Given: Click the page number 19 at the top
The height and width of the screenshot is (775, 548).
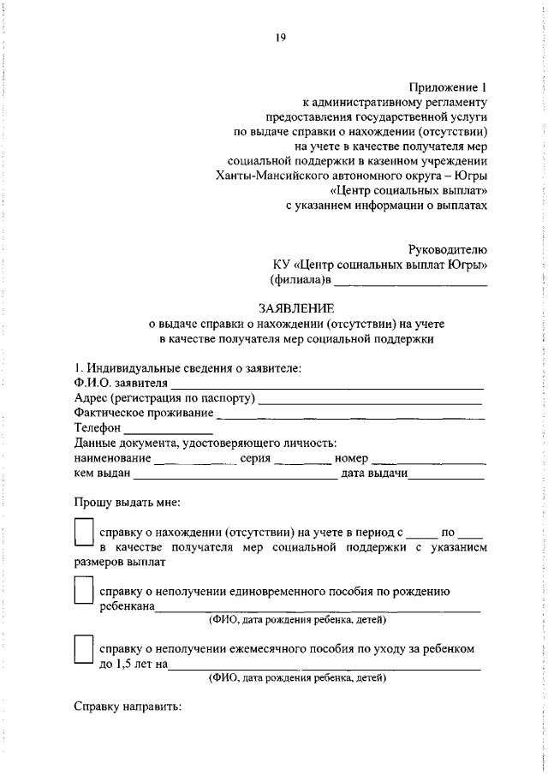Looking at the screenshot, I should click(280, 36).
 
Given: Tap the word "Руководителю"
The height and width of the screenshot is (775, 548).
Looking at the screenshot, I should click(449, 247).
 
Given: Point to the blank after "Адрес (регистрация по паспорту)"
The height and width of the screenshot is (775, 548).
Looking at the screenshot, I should click(371, 401).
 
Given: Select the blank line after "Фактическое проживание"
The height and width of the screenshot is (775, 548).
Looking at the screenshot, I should click(351, 416).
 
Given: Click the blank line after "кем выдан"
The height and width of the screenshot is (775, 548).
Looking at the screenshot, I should click(234, 477).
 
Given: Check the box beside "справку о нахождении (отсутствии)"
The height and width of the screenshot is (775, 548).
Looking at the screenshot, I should click(83, 534).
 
